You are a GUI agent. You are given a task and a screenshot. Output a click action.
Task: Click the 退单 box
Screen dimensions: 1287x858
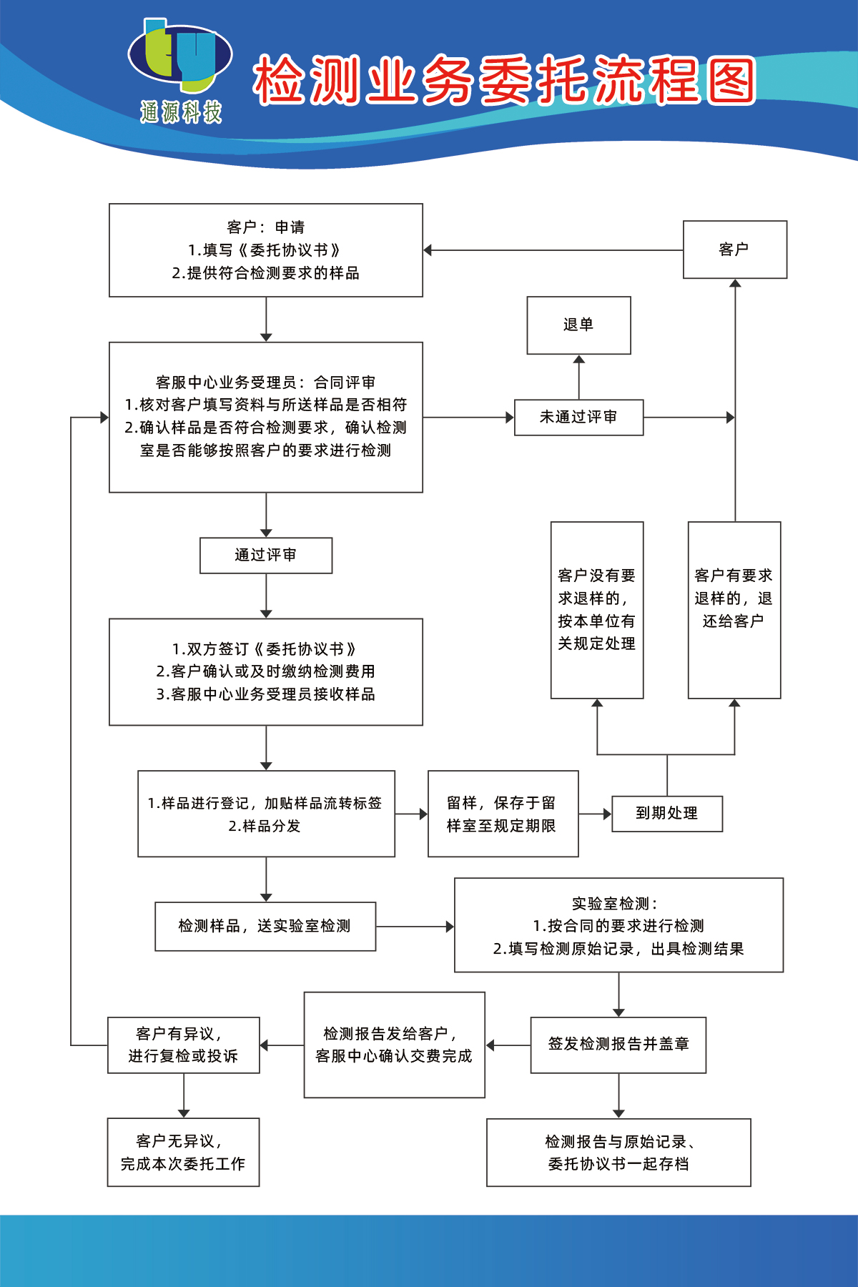tap(578, 325)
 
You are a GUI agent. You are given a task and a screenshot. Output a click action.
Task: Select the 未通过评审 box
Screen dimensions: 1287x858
tap(578, 418)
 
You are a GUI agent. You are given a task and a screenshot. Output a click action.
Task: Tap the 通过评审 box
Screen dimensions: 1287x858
tap(265, 556)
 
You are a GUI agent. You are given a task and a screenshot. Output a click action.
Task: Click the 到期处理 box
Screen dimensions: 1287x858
tap(666, 814)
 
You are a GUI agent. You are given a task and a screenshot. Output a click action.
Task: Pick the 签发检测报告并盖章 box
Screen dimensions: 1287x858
tap(618, 1045)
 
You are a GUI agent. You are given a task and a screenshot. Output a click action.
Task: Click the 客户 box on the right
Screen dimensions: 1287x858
tap(734, 250)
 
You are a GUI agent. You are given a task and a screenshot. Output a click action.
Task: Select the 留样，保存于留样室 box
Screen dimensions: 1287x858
tap(503, 814)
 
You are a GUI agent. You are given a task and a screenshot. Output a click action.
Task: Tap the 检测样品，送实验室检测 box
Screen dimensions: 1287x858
tap(265, 927)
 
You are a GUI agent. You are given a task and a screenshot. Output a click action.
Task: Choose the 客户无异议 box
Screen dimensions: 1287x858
tap(183, 1152)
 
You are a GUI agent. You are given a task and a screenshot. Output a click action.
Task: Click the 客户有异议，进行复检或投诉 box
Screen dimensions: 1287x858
tap(183, 1045)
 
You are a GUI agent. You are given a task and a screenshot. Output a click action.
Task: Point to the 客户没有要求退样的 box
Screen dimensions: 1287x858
tap(596, 610)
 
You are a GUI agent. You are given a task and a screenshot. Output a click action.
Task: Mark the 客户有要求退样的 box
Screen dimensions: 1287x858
tap(734, 610)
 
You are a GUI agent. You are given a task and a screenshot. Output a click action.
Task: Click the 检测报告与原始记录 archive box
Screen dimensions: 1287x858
tap(618, 1152)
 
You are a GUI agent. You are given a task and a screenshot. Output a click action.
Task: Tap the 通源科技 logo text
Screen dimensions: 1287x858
tap(181, 112)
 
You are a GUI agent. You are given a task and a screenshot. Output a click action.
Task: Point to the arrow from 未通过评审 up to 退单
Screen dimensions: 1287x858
tap(578, 377)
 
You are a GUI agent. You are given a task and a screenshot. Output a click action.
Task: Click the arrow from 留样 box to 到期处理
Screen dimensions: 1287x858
tap(595, 814)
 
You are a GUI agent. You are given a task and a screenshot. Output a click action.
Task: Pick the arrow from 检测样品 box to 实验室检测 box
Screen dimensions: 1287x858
tap(415, 927)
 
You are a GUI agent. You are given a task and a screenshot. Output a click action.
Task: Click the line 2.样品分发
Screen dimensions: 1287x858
tap(265, 827)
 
